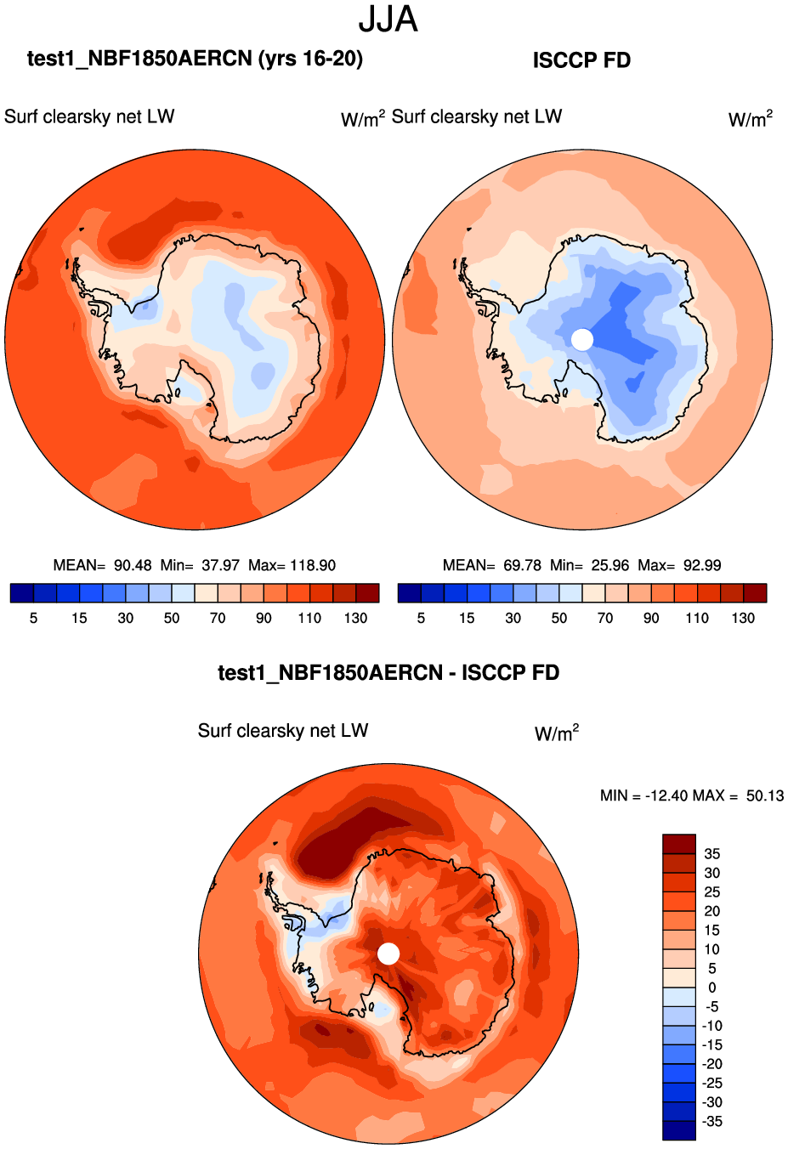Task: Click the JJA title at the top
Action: pos(388,20)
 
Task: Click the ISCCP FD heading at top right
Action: pos(581,60)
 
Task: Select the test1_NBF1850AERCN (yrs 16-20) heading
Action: pos(195,59)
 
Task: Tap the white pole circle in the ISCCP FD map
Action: pos(582,340)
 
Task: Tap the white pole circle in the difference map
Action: pos(388,954)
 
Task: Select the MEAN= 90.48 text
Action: pos(102,565)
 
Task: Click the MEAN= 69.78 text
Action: pos(491,565)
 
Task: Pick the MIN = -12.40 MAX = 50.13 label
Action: pos(691,795)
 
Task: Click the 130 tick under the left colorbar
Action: pos(355,618)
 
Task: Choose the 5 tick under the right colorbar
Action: pos(421,618)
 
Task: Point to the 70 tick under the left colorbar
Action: pos(218,618)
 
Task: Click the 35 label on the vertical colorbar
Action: pos(711,854)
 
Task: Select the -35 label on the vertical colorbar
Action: pos(711,1122)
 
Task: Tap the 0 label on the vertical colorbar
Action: pos(711,988)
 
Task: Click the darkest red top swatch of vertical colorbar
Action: pos(679,844)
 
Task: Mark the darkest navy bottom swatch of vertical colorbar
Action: pos(679,1130)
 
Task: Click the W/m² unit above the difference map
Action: pos(557,733)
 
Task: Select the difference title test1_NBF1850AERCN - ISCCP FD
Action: pos(388,673)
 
